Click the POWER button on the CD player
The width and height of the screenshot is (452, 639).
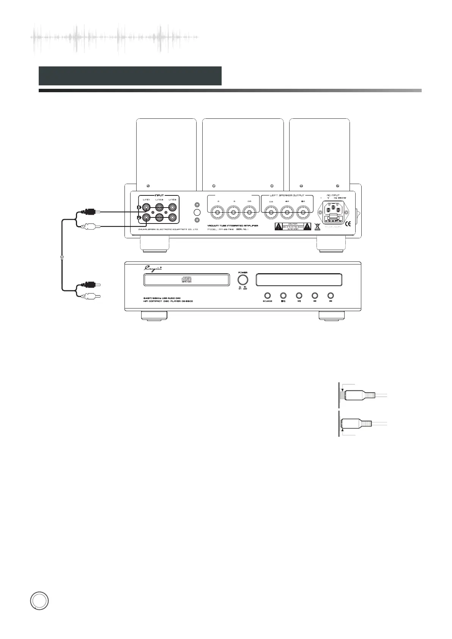[x=243, y=280]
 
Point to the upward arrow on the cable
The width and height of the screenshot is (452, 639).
[x=62, y=257]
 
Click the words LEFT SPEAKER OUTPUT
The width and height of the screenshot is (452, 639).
[x=287, y=195]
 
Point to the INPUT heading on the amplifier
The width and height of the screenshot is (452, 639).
[x=159, y=195]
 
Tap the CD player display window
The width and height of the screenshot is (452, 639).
[x=299, y=280]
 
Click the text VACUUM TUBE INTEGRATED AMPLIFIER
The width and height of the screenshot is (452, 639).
[x=233, y=226]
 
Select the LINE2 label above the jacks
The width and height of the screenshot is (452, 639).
[x=159, y=200]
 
